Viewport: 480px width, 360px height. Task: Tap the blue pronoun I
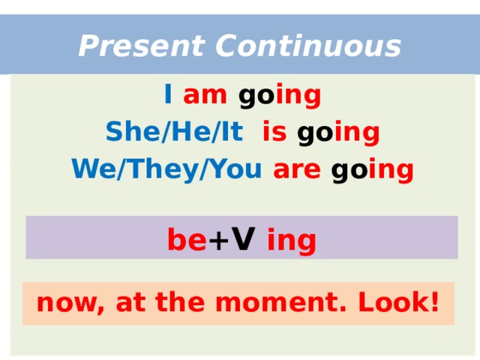(x=168, y=96)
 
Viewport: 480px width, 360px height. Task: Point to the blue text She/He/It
(x=174, y=133)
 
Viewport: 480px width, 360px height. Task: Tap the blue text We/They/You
(x=166, y=170)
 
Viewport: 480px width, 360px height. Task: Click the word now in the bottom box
(x=60, y=304)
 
